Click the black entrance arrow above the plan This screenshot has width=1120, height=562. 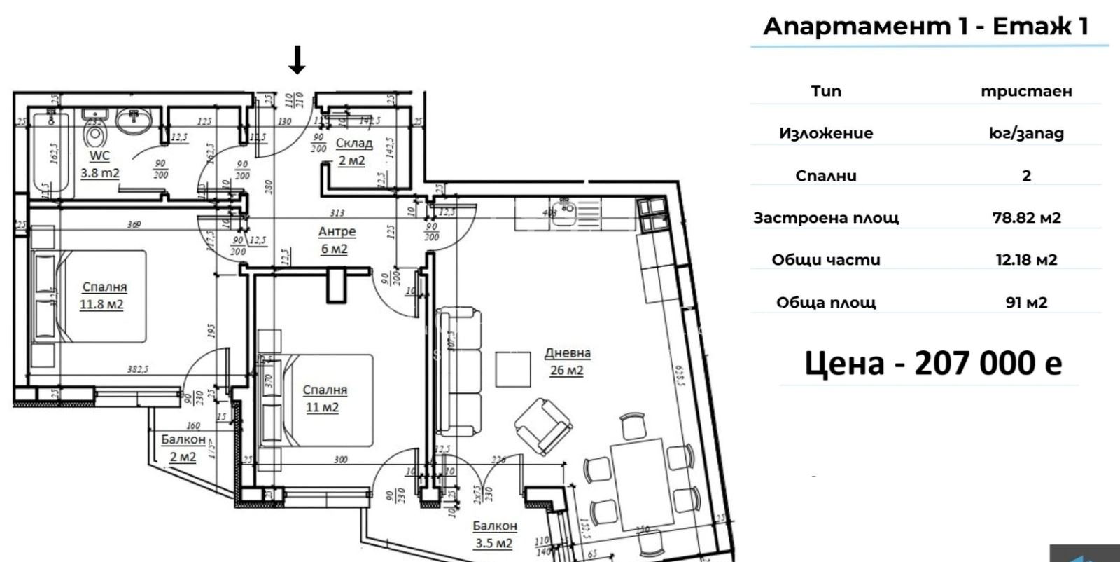click(297, 60)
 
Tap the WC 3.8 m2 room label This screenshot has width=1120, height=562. click(100, 165)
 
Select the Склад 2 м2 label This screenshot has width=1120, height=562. click(353, 151)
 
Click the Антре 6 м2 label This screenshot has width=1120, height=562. click(336, 240)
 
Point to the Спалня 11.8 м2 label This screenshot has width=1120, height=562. click(103, 295)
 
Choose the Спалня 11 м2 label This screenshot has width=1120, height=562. click(323, 398)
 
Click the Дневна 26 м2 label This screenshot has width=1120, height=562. click(567, 362)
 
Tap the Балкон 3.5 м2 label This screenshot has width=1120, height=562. click(494, 534)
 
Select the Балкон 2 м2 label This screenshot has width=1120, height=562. click(183, 448)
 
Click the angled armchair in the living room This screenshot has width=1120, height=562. click(542, 425)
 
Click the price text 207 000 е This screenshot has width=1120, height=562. click(933, 363)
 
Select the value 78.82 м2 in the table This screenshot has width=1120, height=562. click(1026, 217)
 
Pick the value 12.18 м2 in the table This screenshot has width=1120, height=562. click(1026, 260)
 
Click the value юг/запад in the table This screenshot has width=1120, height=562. click(1026, 133)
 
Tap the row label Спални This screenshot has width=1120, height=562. click(826, 176)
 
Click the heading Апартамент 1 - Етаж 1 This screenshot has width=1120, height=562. click(925, 26)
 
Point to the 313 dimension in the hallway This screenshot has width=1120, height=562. click(337, 213)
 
